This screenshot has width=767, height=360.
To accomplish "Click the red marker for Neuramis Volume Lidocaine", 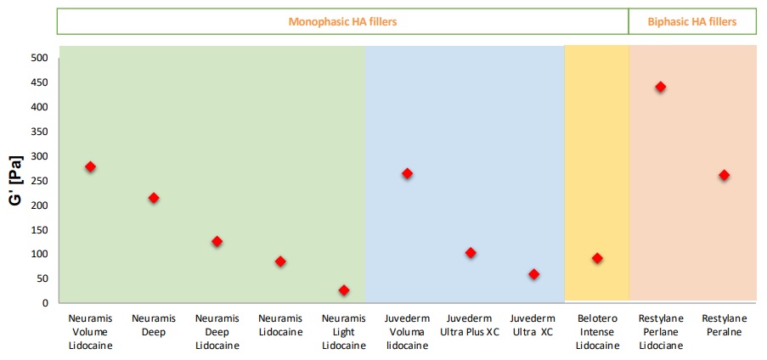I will point(90,166).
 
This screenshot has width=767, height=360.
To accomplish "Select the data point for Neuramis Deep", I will point(154,198).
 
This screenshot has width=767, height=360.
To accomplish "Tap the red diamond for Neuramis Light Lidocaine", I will point(344,290).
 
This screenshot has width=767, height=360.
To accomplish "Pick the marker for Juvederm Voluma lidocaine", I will point(407,173).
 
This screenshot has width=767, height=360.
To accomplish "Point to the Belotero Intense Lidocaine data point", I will point(597,258).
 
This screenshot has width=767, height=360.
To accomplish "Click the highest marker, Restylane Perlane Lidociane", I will point(660,87).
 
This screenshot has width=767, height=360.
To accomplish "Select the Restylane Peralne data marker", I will point(724,175).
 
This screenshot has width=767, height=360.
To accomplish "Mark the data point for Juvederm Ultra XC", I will point(533,274).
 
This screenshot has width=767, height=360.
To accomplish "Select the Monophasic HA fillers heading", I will point(342,21).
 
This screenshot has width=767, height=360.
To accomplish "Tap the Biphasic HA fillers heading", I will point(692,21).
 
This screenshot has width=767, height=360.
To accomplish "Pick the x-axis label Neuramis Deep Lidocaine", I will point(217,332).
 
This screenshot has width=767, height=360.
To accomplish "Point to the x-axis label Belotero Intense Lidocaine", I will point(597,332).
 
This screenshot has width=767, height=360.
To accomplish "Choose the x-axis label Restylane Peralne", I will point(724,325).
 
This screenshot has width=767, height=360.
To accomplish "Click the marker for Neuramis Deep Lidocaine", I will point(217,241).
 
